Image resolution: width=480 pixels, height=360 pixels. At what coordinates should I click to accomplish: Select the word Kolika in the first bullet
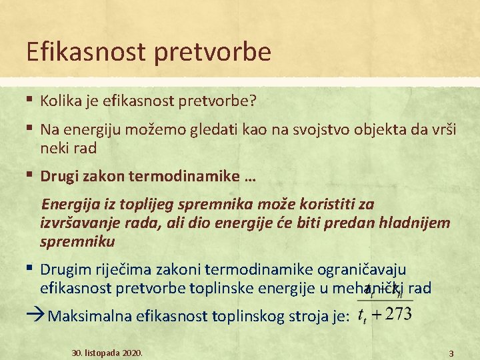(x=59, y=101)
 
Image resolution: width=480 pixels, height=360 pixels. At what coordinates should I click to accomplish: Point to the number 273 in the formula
(x=397, y=315)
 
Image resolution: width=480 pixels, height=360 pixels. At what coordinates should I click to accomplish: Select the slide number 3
(x=451, y=353)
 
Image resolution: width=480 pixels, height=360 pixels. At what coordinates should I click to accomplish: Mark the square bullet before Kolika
(x=31, y=100)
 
